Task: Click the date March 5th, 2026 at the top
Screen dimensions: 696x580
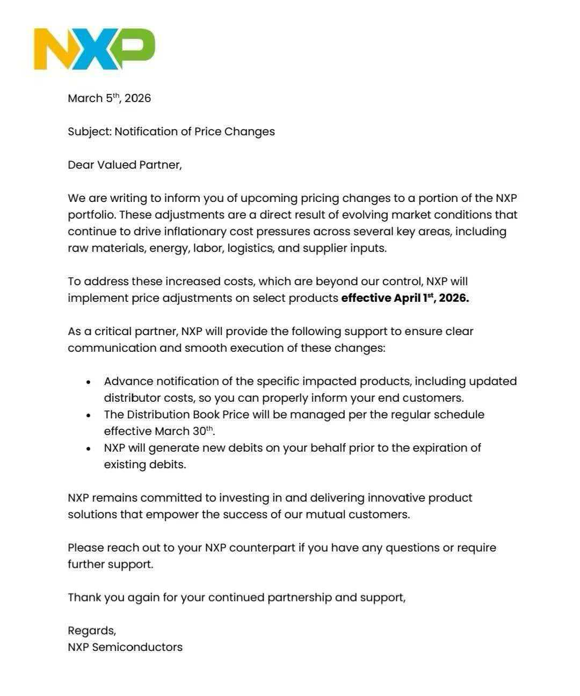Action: point(109,98)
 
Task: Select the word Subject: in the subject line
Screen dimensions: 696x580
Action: point(89,132)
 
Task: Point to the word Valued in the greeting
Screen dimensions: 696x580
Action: point(117,165)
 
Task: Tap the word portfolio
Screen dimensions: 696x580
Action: point(91,215)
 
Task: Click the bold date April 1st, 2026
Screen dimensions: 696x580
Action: point(431,298)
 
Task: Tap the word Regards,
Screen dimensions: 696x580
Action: point(92,631)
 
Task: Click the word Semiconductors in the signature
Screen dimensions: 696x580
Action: point(137,647)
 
